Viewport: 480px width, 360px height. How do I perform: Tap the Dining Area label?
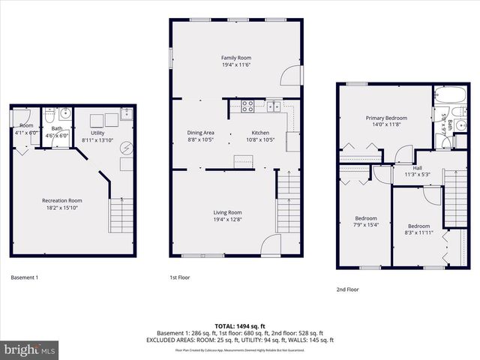[x=200, y=133]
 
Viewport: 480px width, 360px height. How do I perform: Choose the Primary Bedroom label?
[x=386, y=118]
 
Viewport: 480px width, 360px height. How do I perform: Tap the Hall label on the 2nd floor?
[x=417, y=168]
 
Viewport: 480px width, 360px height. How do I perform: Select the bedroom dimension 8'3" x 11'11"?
[x=418, y=233]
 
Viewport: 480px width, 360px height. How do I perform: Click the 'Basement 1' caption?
[x=25, y=277]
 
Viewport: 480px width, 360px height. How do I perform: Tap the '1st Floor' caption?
[x=179, y=277]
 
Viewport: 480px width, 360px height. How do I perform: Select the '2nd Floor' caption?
[x=347, y=288]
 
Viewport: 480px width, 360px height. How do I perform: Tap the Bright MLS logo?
[x=30, y=349]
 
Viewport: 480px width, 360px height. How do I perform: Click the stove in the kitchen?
[x=249, y=106]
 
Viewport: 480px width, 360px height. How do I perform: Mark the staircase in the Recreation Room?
[x=121, y=216]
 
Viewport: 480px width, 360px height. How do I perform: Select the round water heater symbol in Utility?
[x=126, y=148]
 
